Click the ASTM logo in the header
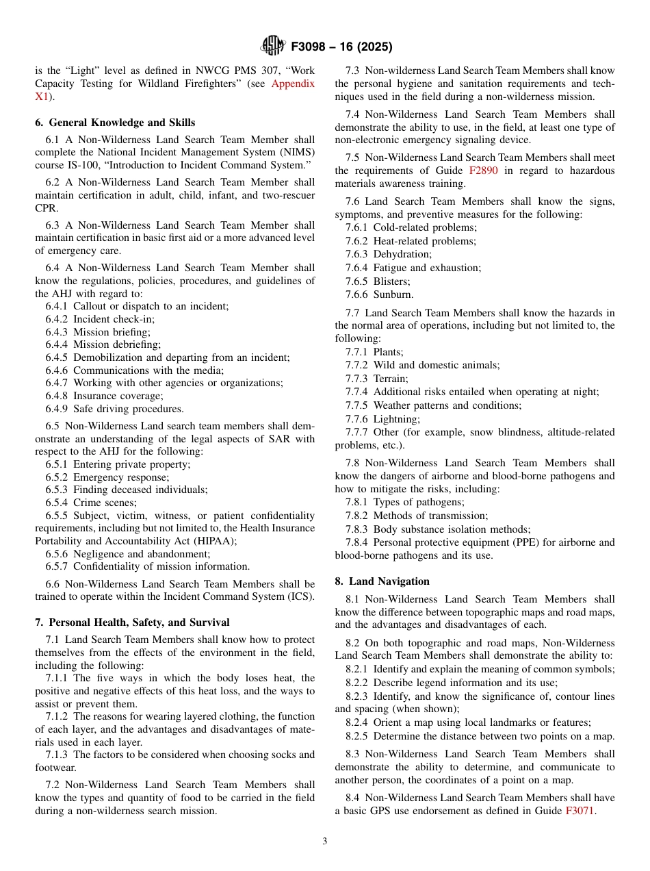[x=273, y=47]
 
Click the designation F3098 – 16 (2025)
[x=341, y=47]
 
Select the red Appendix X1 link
[x=293, y=84]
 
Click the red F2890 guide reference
[x=483, y=171]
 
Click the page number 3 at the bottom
[x=325, y=842]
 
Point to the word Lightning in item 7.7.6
[x=397, y=418]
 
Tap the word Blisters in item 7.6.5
[x=391, y=281]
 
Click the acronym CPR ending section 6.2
[x=46, y=208]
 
